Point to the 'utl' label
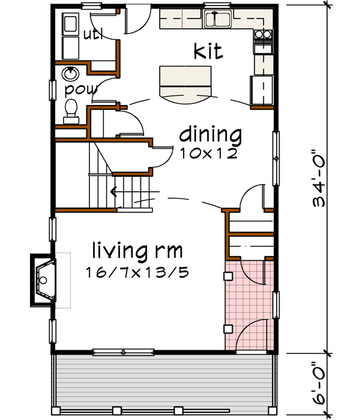pos(93,34)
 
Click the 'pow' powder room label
pos(77,89)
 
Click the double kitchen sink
pos(217,20)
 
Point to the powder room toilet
pos(71,110)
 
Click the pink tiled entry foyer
pos(248,306)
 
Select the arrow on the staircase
pos(113,193)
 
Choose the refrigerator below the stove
pos(262,90)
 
